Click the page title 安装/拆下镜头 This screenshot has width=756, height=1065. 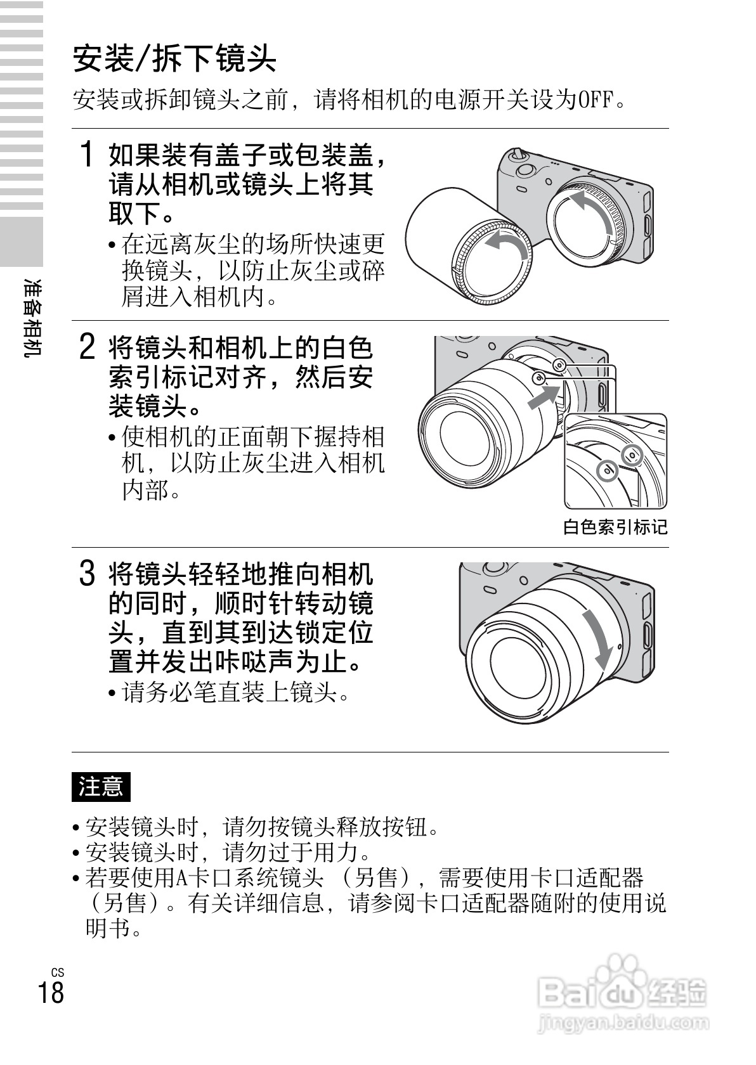point(174,58)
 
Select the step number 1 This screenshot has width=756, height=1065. point(87,154)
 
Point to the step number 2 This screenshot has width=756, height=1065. point(87,347)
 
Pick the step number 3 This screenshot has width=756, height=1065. point(87,573)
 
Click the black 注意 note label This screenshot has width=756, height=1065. point(101,787)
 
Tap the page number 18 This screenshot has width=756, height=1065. point(51,992)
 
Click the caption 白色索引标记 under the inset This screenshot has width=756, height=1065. point(615,527)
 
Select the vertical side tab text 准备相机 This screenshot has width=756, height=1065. point(32,317)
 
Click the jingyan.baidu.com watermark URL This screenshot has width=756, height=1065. point(623,1022)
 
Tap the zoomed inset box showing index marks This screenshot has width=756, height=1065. point(616,461)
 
